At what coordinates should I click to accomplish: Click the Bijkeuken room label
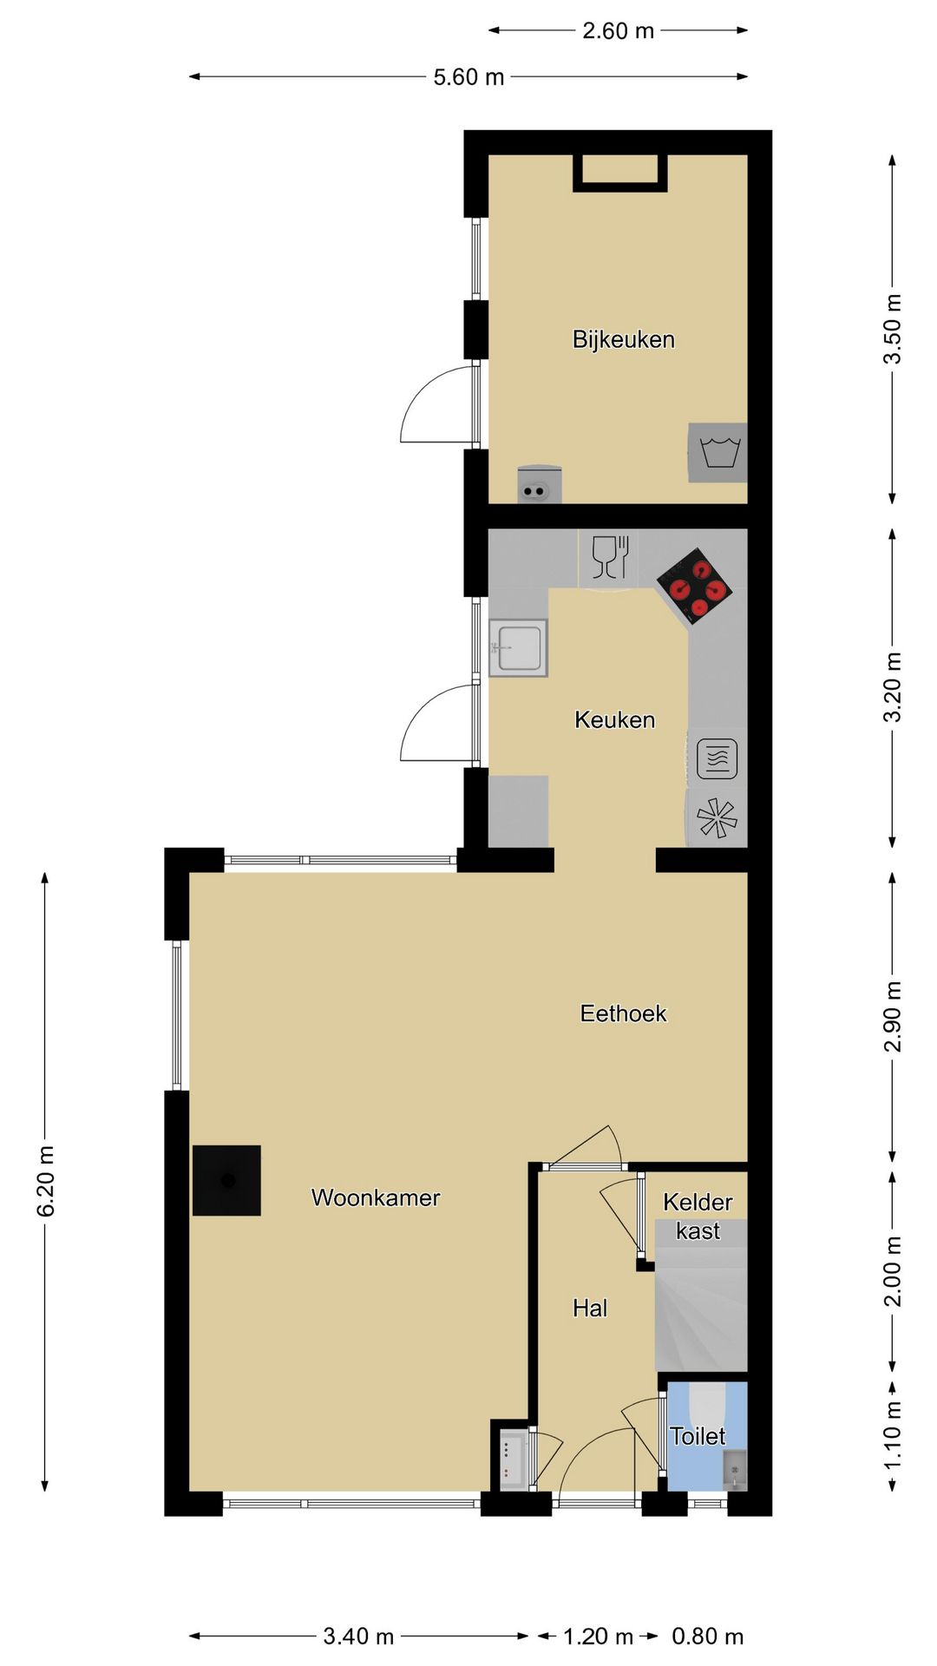pos(623,339)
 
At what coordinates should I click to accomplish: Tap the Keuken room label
pos(614,719)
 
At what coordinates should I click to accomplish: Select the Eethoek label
pos(623,1013)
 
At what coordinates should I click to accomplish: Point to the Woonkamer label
pos(376,1197)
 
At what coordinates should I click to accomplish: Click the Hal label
pos(590,1309)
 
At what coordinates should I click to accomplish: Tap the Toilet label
pos(698,1436)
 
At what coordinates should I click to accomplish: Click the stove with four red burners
pos(694,587)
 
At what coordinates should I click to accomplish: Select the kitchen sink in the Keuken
pos(518,647)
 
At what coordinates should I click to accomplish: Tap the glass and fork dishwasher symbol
pos(610,556)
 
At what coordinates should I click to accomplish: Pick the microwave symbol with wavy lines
pos(717,758)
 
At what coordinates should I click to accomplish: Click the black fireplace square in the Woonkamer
pos(226,1180)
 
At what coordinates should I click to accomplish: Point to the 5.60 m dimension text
pos(468,77)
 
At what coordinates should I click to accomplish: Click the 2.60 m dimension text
pos(618,31)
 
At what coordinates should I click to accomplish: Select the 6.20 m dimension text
pos(46,1181)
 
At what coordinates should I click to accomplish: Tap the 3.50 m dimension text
pos(893,329)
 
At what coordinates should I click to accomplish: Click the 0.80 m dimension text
pos(708,1636)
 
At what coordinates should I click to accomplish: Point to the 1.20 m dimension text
pos(599,1636)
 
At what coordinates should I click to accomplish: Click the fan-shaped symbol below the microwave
pos(717,817)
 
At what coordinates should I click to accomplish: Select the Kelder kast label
pos(698,1217)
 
